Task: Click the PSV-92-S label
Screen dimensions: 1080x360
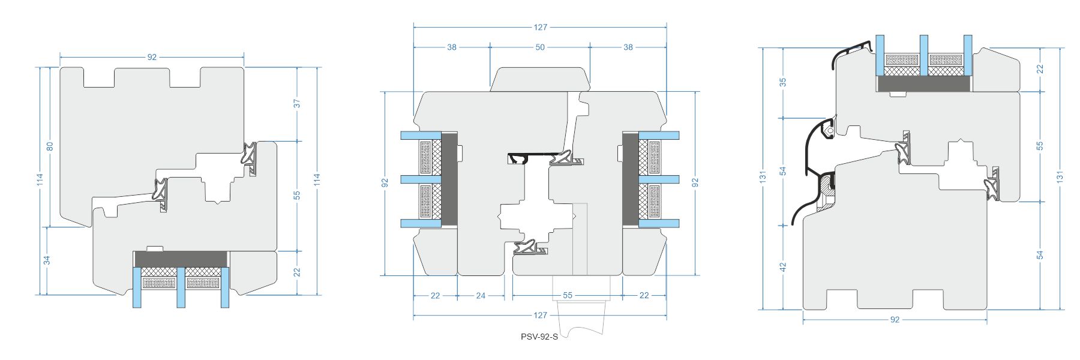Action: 539,337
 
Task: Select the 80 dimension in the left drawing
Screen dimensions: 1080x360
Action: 50,146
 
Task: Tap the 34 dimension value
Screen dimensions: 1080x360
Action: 47,260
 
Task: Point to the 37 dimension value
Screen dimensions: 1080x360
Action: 297,104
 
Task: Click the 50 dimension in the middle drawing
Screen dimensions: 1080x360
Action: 540,47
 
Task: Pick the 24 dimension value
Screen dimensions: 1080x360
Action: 481,295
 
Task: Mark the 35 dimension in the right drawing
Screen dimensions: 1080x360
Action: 782,82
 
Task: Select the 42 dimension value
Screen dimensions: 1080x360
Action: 782,267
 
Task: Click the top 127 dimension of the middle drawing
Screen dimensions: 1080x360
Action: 540,27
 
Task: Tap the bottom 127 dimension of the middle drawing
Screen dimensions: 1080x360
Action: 540,315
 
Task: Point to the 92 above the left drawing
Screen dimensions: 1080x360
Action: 152,57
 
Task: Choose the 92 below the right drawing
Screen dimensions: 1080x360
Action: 895,320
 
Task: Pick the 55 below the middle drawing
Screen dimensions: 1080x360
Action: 568,295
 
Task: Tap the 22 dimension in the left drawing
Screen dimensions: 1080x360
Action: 297,272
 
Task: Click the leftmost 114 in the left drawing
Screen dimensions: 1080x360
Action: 40,180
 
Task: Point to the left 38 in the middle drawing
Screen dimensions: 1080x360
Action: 452,47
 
